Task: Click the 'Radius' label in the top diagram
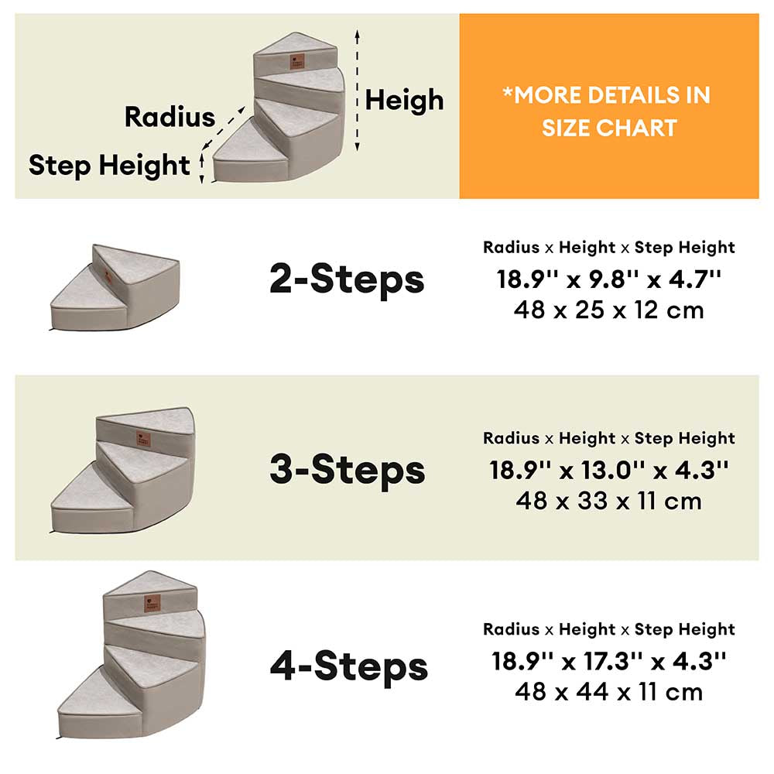pyautogui.click(x=170, y=117)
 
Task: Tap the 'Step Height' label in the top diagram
pyautogui.click(x=108, y=165)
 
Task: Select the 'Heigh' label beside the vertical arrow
pyautogui.click(x=404, y=100)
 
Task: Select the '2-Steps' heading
pyautogui.click(x=347, y=279)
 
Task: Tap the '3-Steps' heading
pyautogui.click(x=347, y=469)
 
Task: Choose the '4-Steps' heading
pyautogui.click(x=348, y=666)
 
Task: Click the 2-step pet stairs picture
pyautogui.click(x=115, y=287)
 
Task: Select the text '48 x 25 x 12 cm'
pyautogui.click(x=609, y=310)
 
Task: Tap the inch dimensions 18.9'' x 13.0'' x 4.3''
pyautogui.click(x=609, y=470)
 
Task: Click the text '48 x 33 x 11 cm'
pyautogui.click(x=609, y=501)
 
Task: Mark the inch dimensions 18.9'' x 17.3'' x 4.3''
pyautogui.click(x=609, y=661)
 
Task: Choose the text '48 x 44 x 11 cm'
pyautogui.click(x=609, y=691)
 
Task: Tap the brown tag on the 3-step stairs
pyautogui.click(x=144, y=437)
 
